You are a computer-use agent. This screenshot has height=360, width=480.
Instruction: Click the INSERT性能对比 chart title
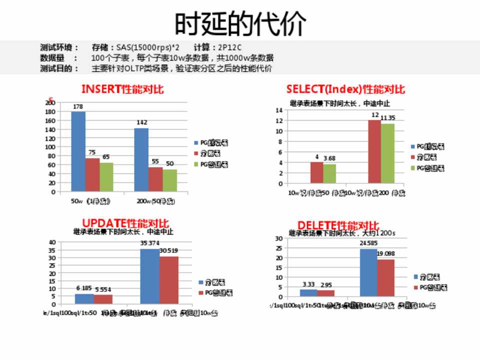pos(122,89)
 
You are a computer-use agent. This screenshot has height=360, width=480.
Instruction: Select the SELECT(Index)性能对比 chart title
pos(345,89)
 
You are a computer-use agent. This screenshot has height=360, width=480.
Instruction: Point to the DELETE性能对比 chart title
pos(338,225)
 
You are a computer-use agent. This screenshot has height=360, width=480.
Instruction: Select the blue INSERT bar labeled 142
pos(141,159)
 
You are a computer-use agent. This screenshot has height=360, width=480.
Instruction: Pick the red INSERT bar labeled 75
pos(92,174)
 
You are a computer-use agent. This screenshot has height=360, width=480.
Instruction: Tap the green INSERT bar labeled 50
pos(169,180)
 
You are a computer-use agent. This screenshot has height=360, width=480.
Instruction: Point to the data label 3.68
pos(329,158)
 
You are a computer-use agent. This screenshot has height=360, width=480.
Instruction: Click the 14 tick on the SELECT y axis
pos(279,110)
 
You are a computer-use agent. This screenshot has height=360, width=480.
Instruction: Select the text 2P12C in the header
pos(230,47)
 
